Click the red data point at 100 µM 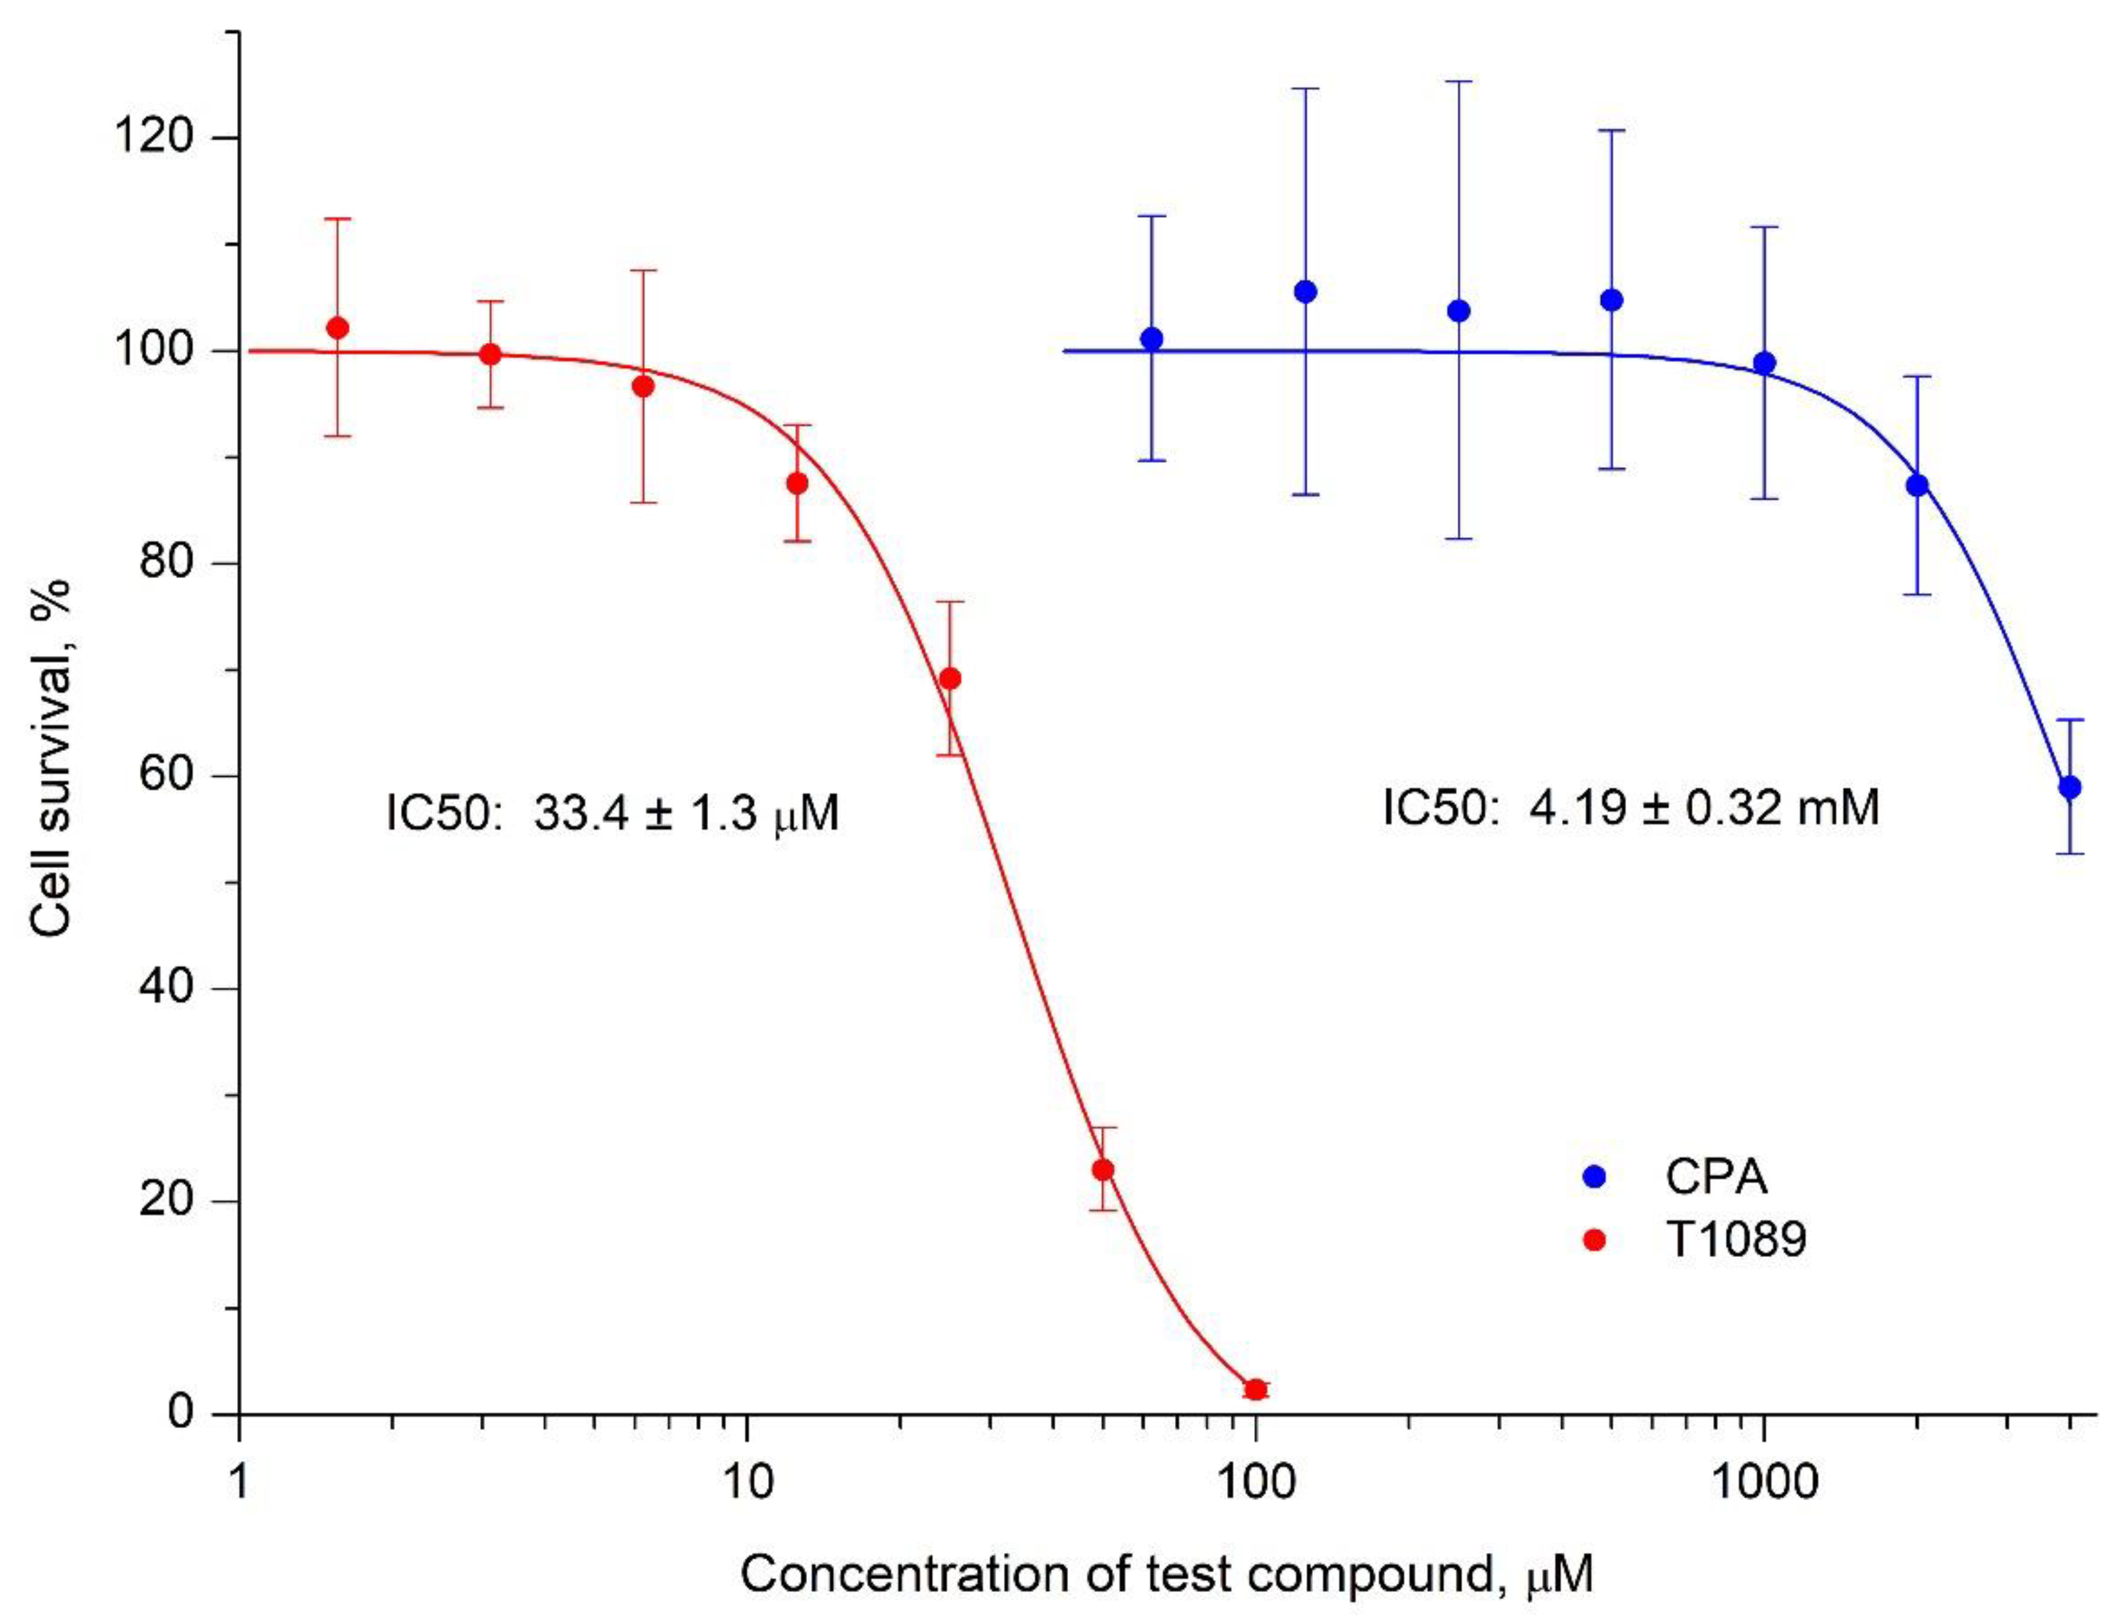(x=1255, y=1390)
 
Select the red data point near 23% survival (x=1103, y=1169)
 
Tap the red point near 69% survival (x=950, y=678)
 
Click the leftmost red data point (x=337, y=328)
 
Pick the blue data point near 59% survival (x=2070, y=787)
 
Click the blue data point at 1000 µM (x=1764, y=363)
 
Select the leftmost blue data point (x=1151, y=339)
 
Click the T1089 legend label (x=1735, y=1240)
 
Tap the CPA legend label (x=1717, y=1176)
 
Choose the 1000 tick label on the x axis (x=1763, y=1483)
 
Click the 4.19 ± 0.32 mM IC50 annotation (x=1630, y=807)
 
